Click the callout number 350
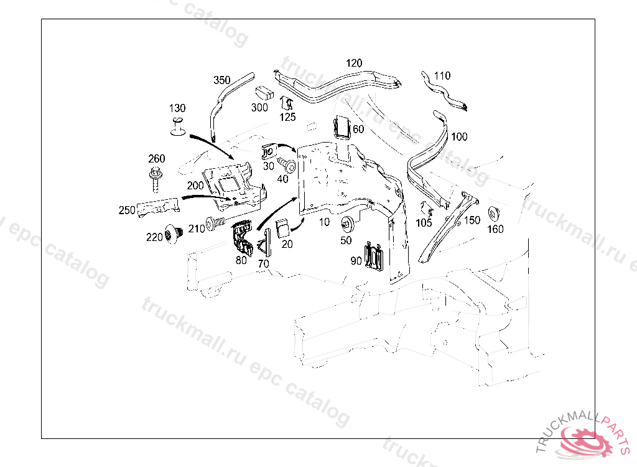tap(222, 80)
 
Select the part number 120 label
tap(353, 63)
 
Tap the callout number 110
tap(442, 76)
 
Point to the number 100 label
tap(459, 136)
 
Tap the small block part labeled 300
tap(266, 93)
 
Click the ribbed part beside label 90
tap(375, 257)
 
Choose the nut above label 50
tap(346, 223)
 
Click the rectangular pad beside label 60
tap(343, 128)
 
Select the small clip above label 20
tap(283, 228)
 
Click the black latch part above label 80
tap(242, 238)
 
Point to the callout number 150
tap(472, 220)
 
